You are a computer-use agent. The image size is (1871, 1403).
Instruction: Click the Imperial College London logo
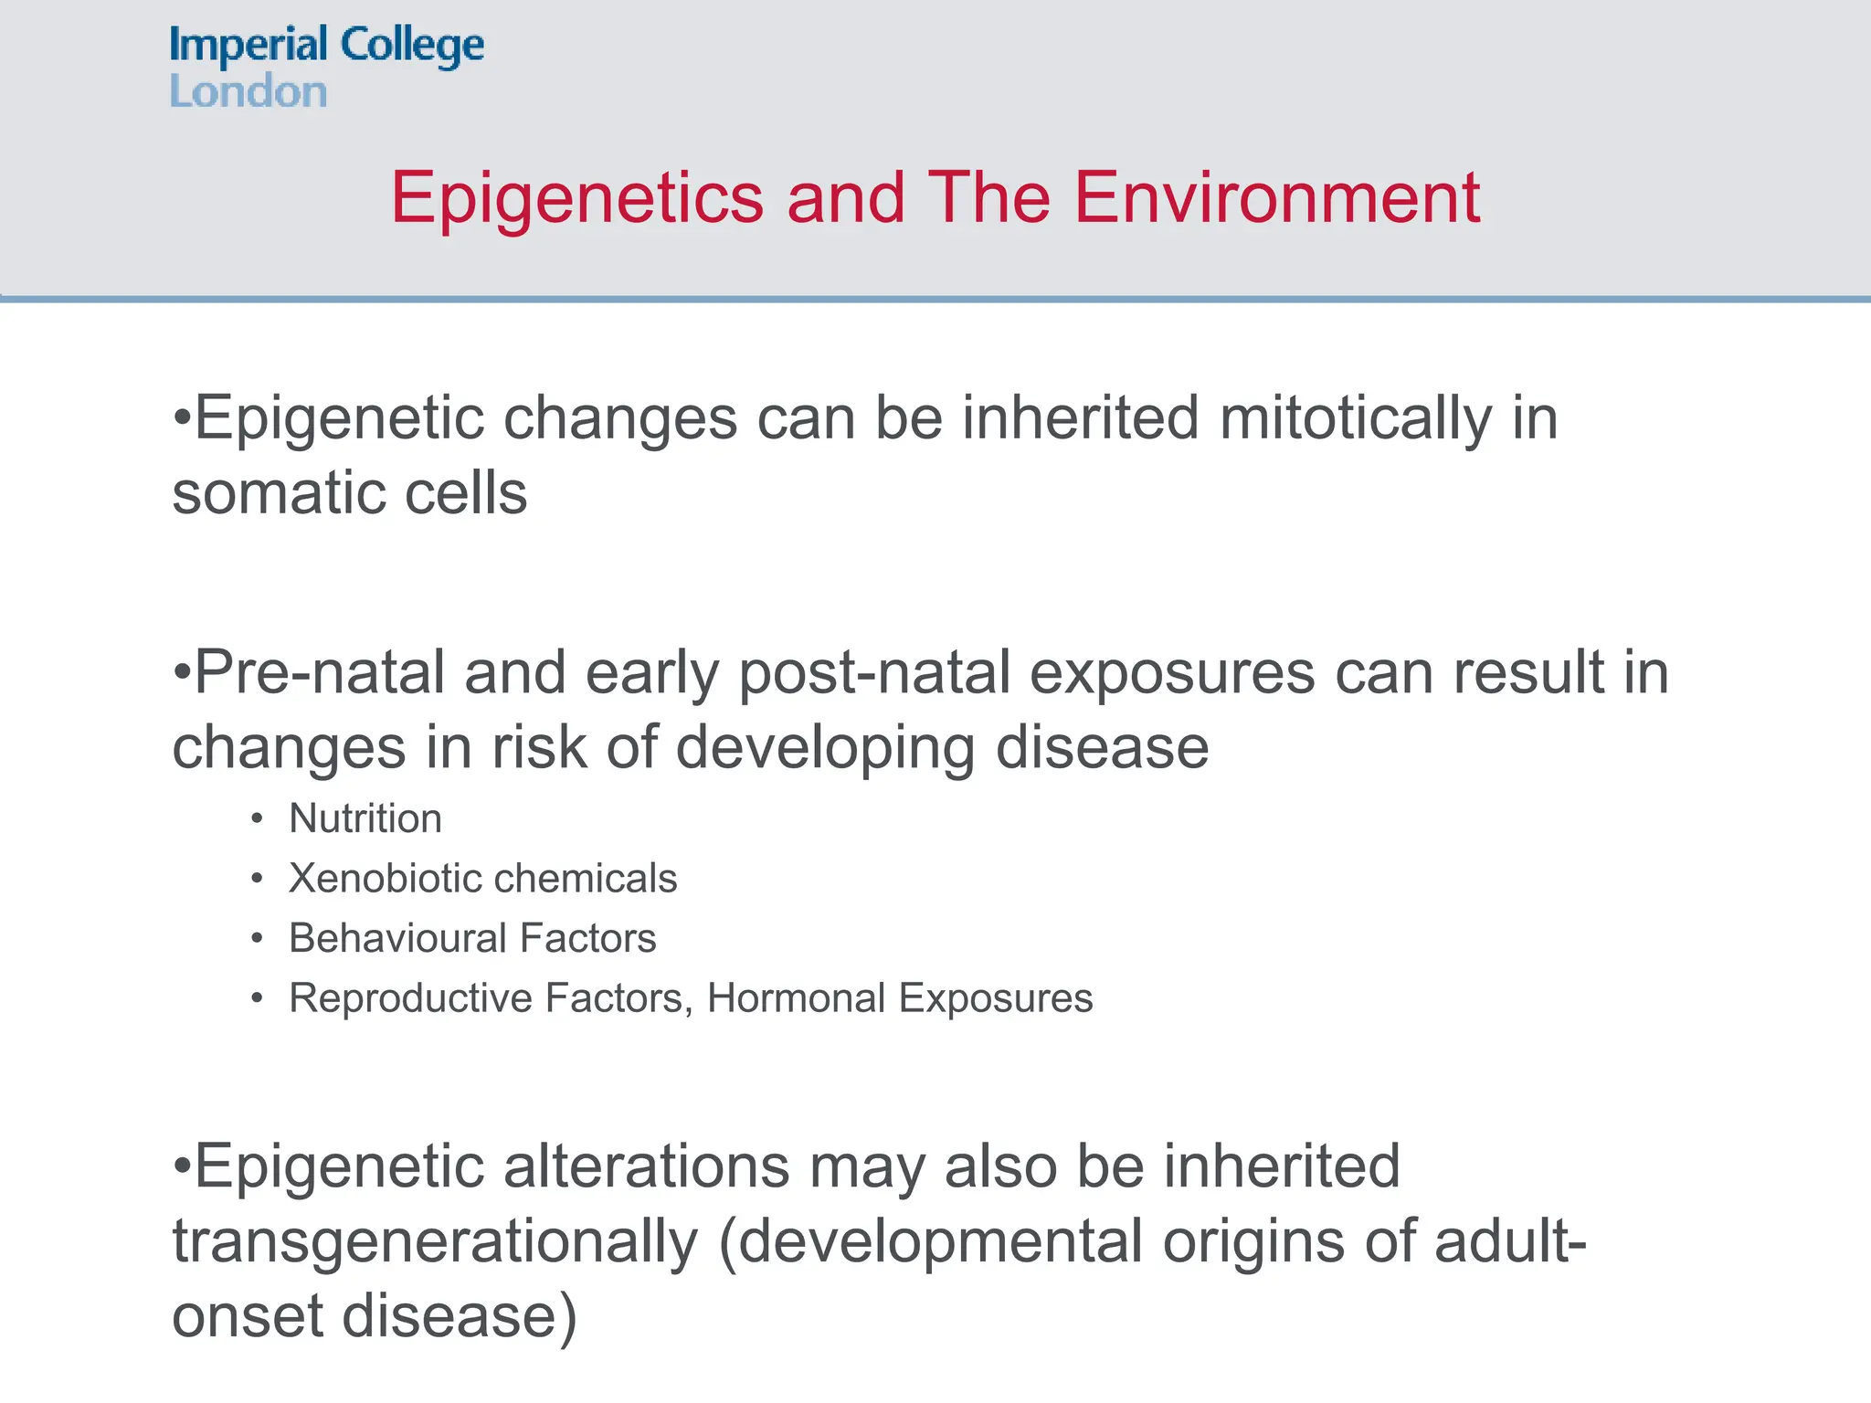326,67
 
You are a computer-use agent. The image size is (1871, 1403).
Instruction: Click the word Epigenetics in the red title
576,198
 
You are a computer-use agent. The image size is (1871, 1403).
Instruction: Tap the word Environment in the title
1276,198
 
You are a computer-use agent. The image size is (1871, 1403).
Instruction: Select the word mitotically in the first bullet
1355,419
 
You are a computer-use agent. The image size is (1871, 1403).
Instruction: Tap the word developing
824,748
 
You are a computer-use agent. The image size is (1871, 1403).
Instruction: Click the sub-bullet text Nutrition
365,818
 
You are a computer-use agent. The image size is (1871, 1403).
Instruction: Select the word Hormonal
796,998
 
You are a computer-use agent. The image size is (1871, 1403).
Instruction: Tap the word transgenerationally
435,1242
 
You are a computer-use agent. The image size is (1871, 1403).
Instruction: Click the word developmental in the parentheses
940,1242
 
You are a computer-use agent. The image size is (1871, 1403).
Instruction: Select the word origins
1253,1242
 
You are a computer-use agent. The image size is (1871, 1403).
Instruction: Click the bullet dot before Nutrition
258,819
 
